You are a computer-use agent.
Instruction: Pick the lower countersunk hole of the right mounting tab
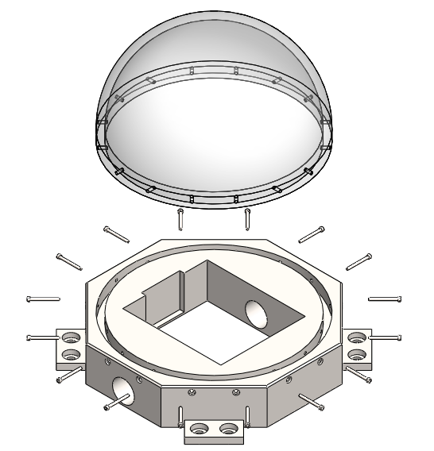pyautogui.click(x=357, y=353)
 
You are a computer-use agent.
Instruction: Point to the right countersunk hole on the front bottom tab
pyautogui.click(x=228, y=430)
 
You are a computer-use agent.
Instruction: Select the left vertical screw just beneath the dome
pyautogui.click(x=181, y=216)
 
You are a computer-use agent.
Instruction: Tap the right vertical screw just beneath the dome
pyautogui.click(x=248, y=216)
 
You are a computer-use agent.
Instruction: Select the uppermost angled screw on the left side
pyautogui.click(x=116, y=233)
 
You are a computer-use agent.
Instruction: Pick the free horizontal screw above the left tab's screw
pyautogui.click(x=43, y=299)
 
